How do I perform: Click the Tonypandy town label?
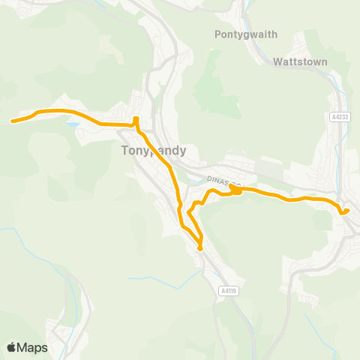(x=153, y=150)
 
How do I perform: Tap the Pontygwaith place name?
(x=245, y=34)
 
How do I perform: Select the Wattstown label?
(x=301, y=61)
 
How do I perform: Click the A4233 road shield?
(x=340, y=117)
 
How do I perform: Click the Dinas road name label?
(x=224, y=181)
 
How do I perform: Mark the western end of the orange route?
(x=11, y=120)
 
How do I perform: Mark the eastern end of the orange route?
(x=347, y=210)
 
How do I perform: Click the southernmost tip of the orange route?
(x=200, y=248)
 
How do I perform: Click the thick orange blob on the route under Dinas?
(x=235, y=190)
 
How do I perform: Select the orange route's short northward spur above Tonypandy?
(x=136, y=120)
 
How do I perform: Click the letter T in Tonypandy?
(x=124, y=150)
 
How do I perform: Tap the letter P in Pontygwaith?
(x=217, y=34)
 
